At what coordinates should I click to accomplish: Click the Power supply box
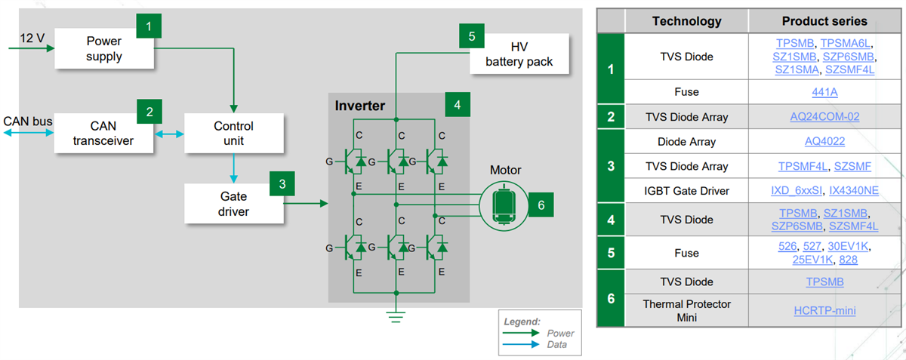coord(104,49)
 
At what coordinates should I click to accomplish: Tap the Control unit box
coord(233,133)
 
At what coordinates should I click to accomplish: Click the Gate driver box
coord(233,204)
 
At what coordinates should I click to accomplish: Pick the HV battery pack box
coord(519,54)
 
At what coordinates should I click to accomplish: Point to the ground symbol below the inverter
coord(394,315)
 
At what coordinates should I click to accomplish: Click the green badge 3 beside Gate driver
coord(282,183)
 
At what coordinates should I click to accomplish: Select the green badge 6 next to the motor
coord(540,203)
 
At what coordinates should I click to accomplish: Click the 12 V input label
coord(32,38)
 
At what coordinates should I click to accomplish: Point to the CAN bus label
coord(27,122)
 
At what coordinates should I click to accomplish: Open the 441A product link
coord(824,92)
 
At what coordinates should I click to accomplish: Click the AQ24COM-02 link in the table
coord(824,117)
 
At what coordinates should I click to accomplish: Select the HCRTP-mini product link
coord(824,310)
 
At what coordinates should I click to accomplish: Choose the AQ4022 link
coord(824,142)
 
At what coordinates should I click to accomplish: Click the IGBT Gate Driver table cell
coord(686,191)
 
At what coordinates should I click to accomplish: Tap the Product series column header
coord(824,21)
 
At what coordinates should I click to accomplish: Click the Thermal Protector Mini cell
coord(686,310)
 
